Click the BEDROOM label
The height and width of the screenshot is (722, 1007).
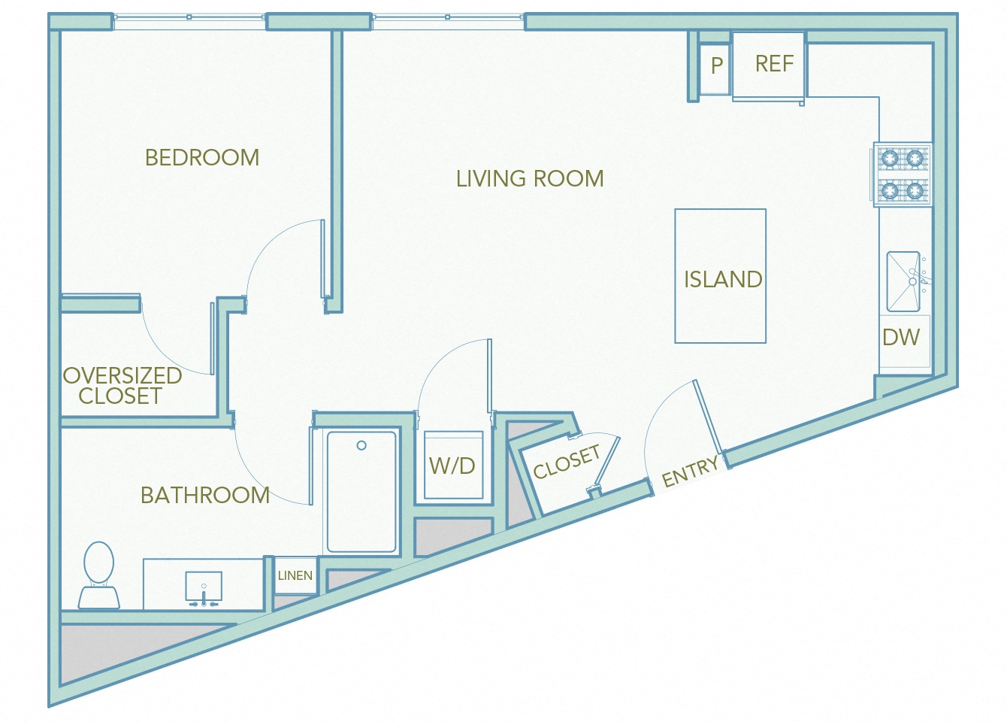tap(201, 157)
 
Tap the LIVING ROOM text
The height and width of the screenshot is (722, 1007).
tap(530, 178)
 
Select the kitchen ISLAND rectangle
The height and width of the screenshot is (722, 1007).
tap(720, 276)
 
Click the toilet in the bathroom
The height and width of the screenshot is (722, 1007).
tap(98, 576)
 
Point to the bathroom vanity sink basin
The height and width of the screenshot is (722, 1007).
tap(204, 586)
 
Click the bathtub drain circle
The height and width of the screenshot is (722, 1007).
tap(361, 445)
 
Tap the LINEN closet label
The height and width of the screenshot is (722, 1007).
tap(295, 575)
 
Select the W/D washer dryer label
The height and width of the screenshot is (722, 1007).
tap(452, 466)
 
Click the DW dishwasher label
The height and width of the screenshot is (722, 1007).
tap(900, 337)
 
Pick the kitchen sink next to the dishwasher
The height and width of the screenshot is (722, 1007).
tap(903, 281)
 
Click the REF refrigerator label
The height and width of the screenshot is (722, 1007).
tap(774, 64)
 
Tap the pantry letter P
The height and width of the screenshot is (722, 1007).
tap(717, 65)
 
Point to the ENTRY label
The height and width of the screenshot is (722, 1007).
tap(690, 472)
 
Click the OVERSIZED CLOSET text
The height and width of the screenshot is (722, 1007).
tap(122, 385)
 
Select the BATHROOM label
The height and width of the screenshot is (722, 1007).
tap(204, 495)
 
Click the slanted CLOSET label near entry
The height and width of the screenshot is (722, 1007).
tap(567, 462)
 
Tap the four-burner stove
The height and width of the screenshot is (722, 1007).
tap(902, 174)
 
